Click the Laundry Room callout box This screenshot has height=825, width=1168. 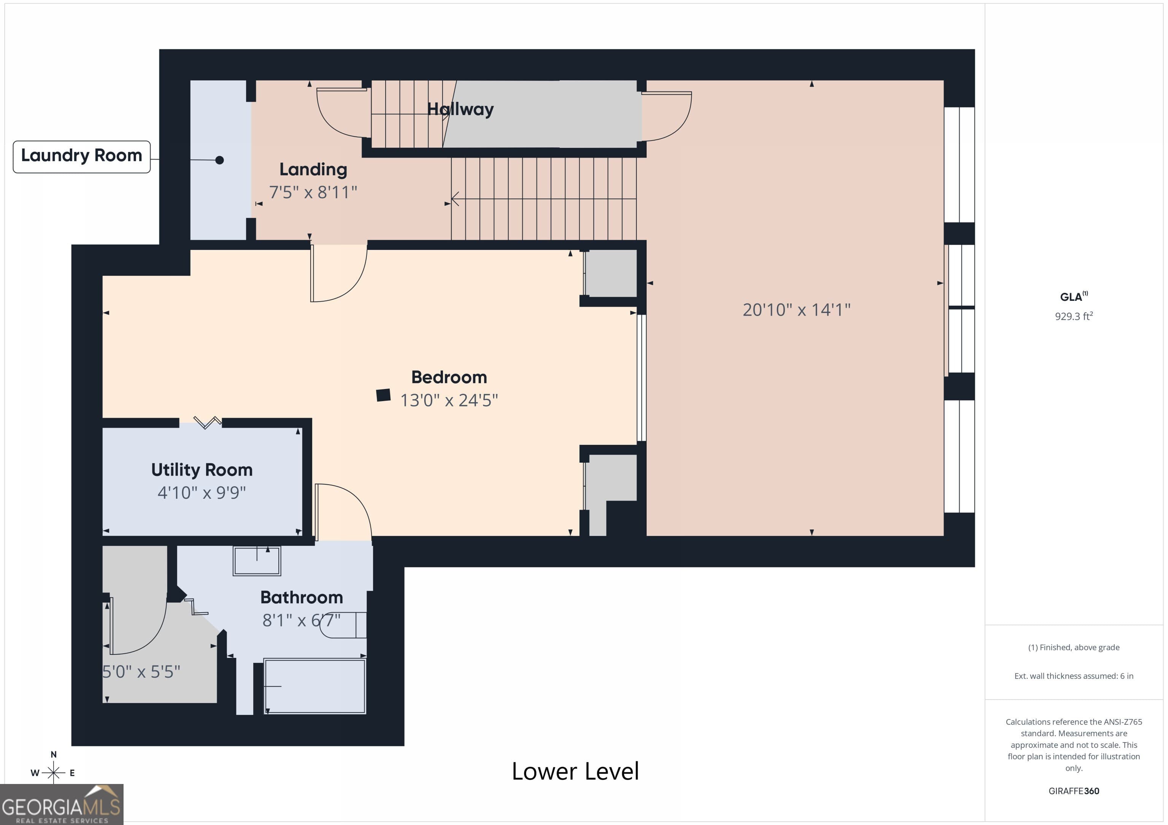pos(81,156)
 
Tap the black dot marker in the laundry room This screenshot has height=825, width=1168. pos(219,160)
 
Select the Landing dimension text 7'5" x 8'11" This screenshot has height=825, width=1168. pos(313,193)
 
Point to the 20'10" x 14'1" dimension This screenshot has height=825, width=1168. pos(796,310)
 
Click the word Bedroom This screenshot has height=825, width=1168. pos(449,377)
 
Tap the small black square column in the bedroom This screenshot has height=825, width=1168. pos(383,395)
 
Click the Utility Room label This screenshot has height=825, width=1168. pos(202,470)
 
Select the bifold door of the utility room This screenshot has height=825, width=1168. pos(207,422)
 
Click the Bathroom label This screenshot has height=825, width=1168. pos(301,597)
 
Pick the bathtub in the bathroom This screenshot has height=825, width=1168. pos(315,686)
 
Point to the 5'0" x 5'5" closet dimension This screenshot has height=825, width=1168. pos(141,672)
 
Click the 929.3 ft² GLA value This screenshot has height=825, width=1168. pos(1073,316)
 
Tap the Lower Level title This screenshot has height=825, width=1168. pos(575,771)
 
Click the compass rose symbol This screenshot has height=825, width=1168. pos(53,773)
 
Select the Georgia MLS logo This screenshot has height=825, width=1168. pos(61,804)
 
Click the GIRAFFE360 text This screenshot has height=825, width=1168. pos(1073,791)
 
